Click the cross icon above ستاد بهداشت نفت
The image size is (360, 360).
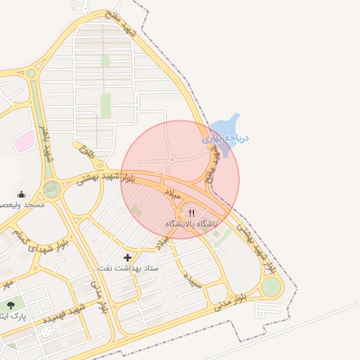tap(127, 257)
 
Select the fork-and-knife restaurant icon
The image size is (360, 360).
tap(192, 212)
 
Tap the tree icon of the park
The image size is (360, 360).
tap(11, 305)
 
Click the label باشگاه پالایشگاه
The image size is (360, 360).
tap(192, 223)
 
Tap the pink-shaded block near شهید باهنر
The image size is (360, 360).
tap(23, 140)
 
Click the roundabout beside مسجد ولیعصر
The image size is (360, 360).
tap(51, 188)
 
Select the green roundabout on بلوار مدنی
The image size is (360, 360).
tap(271, 287)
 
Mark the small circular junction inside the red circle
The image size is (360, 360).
tap(172, 160)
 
